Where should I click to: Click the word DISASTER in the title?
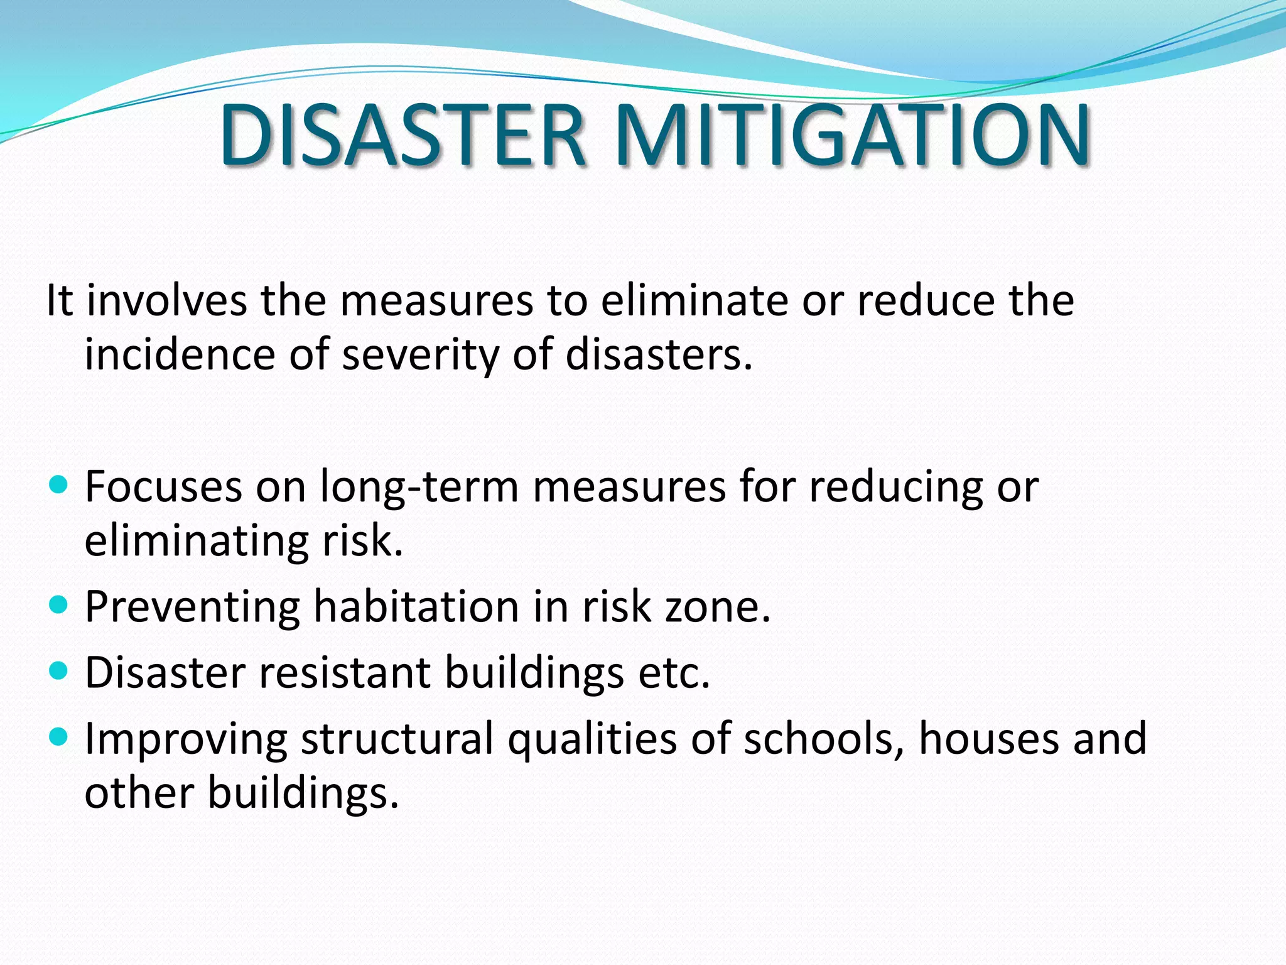tap(402, 135)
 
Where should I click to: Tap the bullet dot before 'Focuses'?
tap(58, 485)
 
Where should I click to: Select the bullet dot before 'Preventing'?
tap(58, 605)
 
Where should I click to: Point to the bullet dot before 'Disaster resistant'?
tap(58, 671)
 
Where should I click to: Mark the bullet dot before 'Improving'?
tap(58, 737)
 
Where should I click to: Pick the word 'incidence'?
tap(180, 354)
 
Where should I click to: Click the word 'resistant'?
tap(344, 673)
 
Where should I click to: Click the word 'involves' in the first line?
tap(166, 300)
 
